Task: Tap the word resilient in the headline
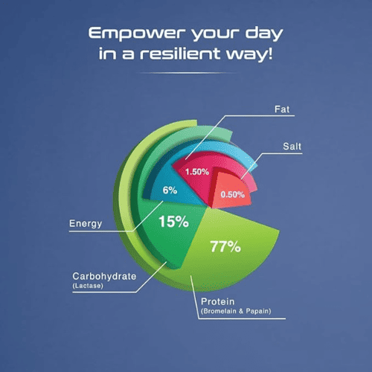[180, 54]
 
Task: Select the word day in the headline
[264, 33]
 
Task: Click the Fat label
[282, 109]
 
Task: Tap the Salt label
[292, 147]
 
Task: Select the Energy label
[86, 224]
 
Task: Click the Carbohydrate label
[104, 276]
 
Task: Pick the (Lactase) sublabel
[88, 286]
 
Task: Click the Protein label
[217, 301]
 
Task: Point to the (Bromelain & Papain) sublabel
[236, 311]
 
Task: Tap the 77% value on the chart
[225, 246]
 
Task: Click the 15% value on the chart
[173, 222]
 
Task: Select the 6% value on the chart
[170, 190]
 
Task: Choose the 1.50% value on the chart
[197, 172]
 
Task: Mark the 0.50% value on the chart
[233, 194]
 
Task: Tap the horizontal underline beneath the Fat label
[260, 115]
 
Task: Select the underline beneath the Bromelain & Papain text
[242, 318]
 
